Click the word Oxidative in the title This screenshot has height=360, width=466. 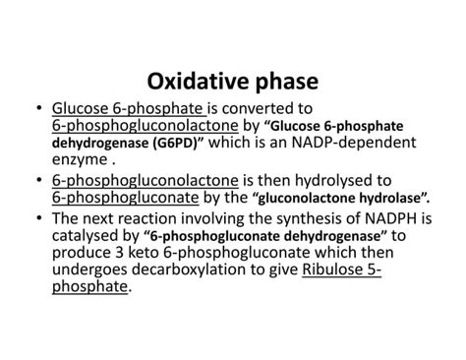tap(195, 80)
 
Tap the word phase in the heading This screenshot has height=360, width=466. tap(285, 80)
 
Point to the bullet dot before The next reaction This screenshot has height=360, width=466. tap(37, 218)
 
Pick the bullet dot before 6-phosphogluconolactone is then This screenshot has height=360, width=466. tap(37, 181)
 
